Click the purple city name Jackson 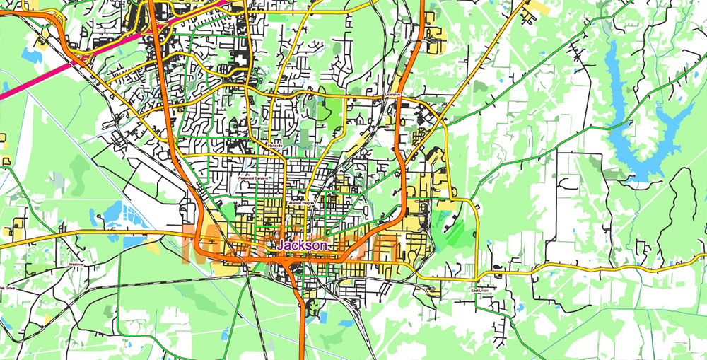point(302,245)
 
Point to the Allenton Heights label point(300,204)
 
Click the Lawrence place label point(392,95)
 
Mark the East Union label point(480,290)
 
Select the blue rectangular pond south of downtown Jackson point(346,323)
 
